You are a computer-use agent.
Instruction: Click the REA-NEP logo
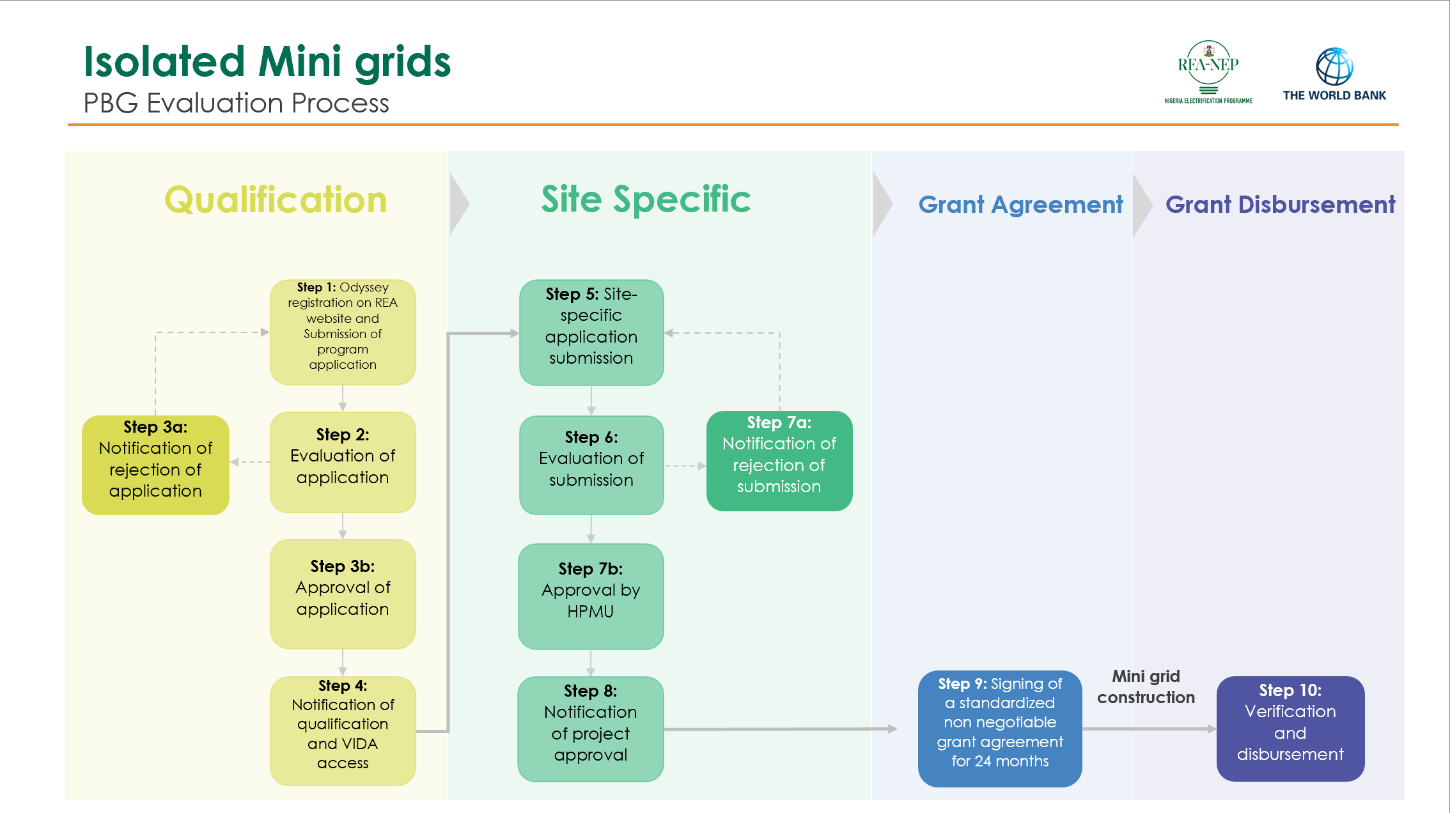pyautogui.click(x=1208, y=69)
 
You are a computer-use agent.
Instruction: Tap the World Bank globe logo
pyautogui.click(x=1334, y=66)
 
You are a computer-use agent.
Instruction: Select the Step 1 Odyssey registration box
pyautogui.click(x=343, y=332)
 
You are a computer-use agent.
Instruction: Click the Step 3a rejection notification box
pyautogui.click(x=155, y=465)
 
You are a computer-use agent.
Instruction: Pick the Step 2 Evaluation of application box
pyautogui.click(x=343, y=462)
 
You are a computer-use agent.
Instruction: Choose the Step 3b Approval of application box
pyautogui.click(x=343, y=594)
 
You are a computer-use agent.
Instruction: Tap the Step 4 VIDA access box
pyautogui.click(x=343, y=731)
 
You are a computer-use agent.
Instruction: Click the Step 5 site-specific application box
pyautogui.click(x=591, y=332)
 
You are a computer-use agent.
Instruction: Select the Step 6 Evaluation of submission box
pyautogui.click(x=591, y=465)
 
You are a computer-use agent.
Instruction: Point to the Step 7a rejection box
pyautogui.click(x=779, y=461)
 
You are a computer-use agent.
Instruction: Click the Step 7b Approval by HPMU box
pyautogui.click(x=591, y=596)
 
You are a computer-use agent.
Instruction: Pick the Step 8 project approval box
pyautogui.click(x=591, y=729)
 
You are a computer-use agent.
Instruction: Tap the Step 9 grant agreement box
pyautogui.click(x=1000, y=729)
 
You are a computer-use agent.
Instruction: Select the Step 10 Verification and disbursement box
pyautogui.click(x=1290, y=729)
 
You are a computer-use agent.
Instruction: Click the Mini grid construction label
pyautogui.click(x=1146, y=687)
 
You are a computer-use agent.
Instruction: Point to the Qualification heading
pyautogui.click(x=276, y=200)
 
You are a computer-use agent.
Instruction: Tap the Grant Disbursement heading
pyautogui.click(x=1280, y=205)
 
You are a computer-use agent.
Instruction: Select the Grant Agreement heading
pyautogui.click(x=1020, y=205)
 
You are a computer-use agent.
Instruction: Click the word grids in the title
pyautogui.click(x=403, y=63)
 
